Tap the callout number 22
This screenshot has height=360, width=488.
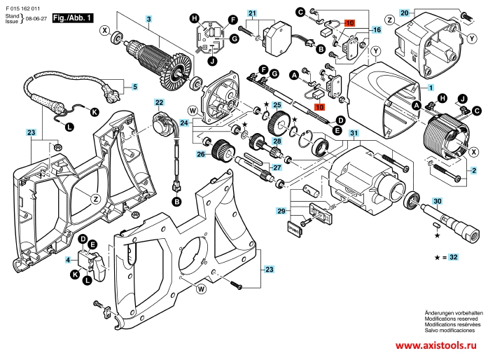[x=159, y=103]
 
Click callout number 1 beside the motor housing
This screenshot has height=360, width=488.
[x=431, y=87]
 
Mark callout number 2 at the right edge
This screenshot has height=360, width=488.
[x=474, y=171]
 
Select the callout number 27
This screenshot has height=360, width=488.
[x=277, y=167]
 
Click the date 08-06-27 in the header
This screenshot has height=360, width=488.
[x=38, y=22]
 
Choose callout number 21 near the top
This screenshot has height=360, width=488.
[x=252, y=13]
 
